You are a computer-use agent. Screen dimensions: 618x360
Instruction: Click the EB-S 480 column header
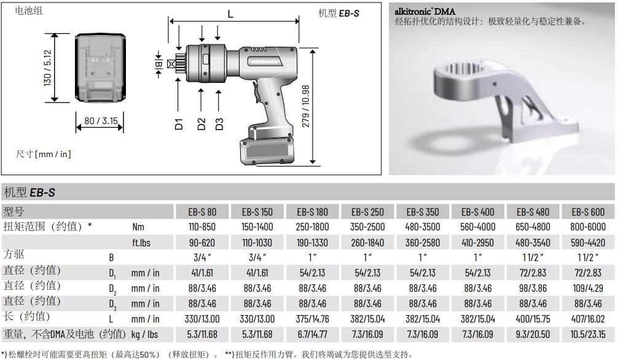tap(533, 212)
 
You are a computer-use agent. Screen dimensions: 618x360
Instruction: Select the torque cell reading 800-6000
tap(588, 227)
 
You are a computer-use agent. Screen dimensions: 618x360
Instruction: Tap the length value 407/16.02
tap(588, 319)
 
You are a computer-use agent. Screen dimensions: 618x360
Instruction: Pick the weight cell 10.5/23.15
tap(588, 334)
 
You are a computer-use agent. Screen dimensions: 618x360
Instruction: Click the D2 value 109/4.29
tap(588, 288)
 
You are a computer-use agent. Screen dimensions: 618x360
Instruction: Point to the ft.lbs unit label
tap(141, 243)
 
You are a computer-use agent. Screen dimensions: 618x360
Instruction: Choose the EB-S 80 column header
tap(202, 212)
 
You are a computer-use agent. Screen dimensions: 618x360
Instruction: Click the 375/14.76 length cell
tap(313, 319)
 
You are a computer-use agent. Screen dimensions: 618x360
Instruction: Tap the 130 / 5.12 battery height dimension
tap(47, 68)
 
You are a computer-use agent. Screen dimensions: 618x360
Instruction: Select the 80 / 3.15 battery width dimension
tap(101, 120)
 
